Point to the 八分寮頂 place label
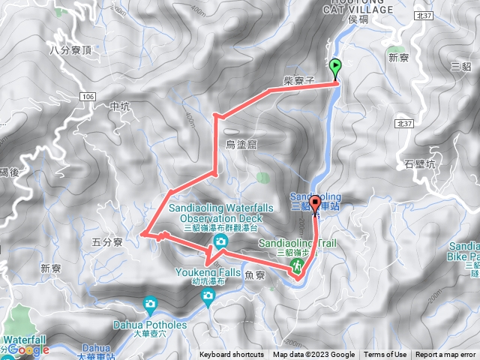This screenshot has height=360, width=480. (70, 50)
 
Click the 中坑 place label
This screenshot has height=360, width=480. (120, 107)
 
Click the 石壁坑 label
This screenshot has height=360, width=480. (419, 163)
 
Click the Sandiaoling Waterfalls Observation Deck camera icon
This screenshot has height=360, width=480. (220, 241)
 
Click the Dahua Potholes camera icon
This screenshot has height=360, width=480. (150, 305)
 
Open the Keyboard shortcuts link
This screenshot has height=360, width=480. (232, 355)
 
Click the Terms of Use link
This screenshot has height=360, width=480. (385, 355)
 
